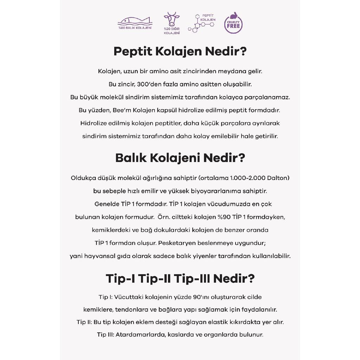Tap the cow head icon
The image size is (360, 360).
pyautogui.click(x=172, y=19)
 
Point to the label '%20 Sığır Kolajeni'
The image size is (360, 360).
pyautogui.click(x=172, y=31)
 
